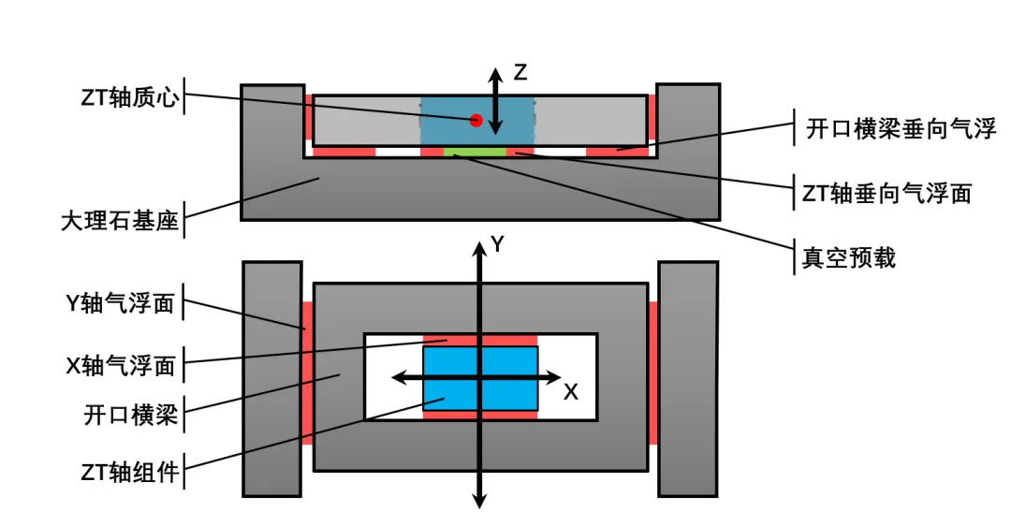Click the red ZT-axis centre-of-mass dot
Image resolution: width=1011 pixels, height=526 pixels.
click(476, 120)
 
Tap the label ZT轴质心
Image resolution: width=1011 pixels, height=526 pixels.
click(129, 97)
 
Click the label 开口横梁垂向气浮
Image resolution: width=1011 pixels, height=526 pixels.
click(901, 127)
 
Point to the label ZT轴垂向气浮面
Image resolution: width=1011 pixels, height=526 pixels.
click(886, 193)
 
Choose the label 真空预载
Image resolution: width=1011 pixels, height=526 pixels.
click(848, 257)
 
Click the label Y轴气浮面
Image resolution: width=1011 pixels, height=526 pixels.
click(121, 302)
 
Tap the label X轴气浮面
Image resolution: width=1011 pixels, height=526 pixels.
click(121, 366)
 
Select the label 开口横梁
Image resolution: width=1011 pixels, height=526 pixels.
click(131, 414)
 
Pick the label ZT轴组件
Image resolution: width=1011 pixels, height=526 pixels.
click(129, 472)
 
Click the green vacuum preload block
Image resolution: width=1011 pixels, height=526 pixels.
click(475, 153)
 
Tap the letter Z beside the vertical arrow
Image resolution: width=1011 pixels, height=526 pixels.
click(520, 72)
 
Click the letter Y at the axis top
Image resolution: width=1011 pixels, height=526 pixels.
click(497, 244)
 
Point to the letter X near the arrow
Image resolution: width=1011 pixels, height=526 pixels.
click(571, 392)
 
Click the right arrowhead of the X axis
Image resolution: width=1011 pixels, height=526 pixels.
click(554, 378)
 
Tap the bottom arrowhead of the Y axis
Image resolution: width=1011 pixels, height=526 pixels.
click(479, 501)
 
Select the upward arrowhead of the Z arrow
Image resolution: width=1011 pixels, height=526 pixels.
click(494, 75)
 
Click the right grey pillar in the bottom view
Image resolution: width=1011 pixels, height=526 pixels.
click(688, 379)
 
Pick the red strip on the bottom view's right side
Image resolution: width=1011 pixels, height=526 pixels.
click(652, 373)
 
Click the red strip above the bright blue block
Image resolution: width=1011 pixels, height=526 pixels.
click(480, 341)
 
